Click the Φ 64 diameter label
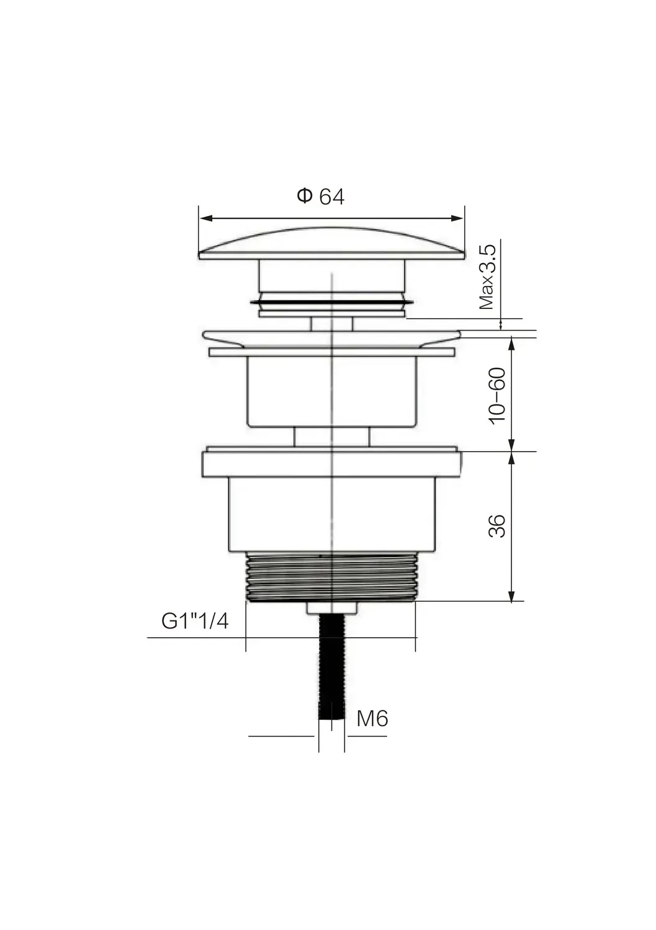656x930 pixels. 320,196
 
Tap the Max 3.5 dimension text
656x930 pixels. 487,277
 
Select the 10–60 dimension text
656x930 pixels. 497,396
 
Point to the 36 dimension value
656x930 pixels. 497,526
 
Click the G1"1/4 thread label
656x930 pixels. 195,621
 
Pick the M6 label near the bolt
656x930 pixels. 372,718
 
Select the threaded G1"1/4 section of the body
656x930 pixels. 331,577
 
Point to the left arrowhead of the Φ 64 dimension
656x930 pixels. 206,218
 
